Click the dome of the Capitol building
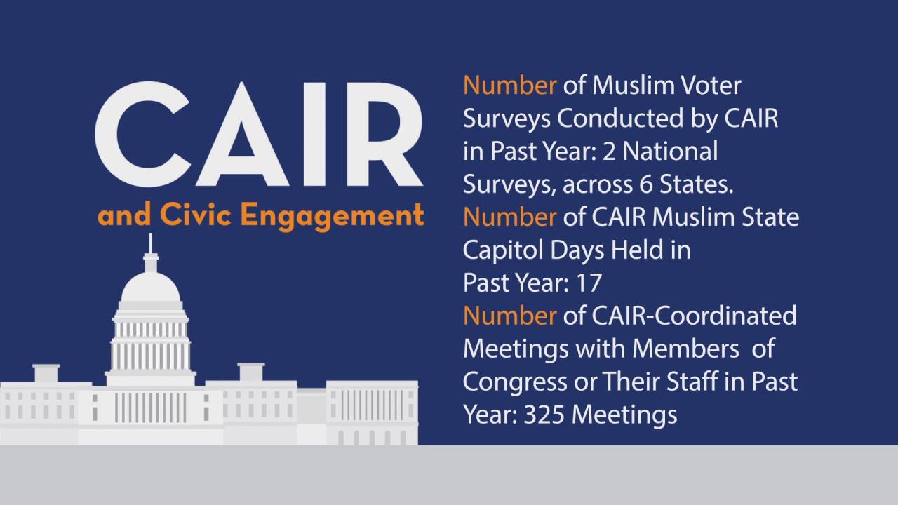(150, 288)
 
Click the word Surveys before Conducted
(507, 119)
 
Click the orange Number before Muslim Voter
(509, 86)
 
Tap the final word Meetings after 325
(624, 415)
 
